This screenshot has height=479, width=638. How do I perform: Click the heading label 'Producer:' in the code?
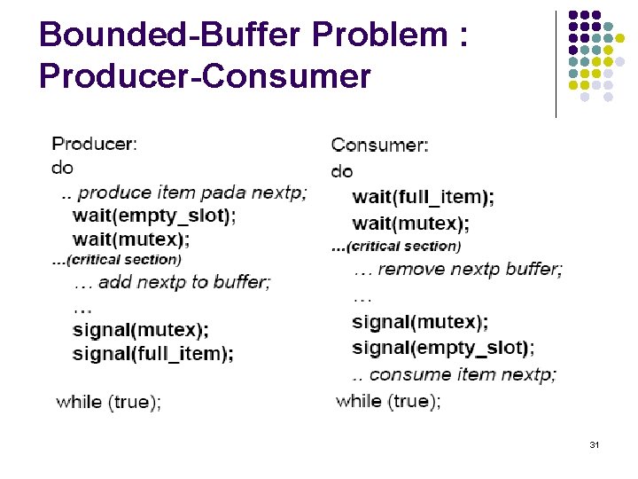pyautogui.click(x=95, y=143)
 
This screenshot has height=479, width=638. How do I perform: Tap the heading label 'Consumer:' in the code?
pyautogui.click(x=379, y=145)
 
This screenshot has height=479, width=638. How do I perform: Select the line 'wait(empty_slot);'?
pyautogui.click(x=154, y=215)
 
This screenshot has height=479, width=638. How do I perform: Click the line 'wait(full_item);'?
pyautogui.click(x=423, y=198)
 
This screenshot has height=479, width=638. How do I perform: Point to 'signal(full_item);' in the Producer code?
pyautogui.click(x=152, y=354)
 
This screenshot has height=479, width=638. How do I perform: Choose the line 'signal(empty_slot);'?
pyautogui.click(x=443, y=347)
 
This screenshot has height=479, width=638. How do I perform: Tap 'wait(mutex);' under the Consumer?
pyautogui.click(x=410, y=223)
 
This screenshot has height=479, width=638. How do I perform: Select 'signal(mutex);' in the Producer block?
pyautogui.click(x=141, y=330)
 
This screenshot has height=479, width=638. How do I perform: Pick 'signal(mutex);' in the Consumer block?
pyautogui.click(x=420, y=322)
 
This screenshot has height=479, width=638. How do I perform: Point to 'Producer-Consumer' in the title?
pyautogui.click(x=205, y=76)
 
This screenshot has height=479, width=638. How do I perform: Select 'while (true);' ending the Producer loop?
pyautogui.click(x=108, y=402)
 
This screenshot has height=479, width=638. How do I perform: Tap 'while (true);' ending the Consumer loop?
pyautogui.click(x=388, y=401)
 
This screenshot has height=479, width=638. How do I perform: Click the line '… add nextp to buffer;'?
pyautogui.click(x=172, y=283)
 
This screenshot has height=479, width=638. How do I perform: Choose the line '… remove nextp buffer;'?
pyautogui.click(x=457, y=269)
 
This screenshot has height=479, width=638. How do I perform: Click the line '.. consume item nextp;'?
pyautogui.click(x=454, y=374)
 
